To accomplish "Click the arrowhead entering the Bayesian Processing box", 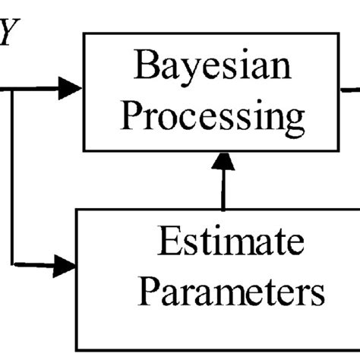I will tap(72, 89).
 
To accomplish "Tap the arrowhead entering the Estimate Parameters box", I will tap(67, 266).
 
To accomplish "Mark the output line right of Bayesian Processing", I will tap(351, 90).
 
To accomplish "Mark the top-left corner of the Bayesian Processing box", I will tap(84, 33).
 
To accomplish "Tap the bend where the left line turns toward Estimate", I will tap(12, 266).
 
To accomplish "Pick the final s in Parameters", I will tap(317, 292).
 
